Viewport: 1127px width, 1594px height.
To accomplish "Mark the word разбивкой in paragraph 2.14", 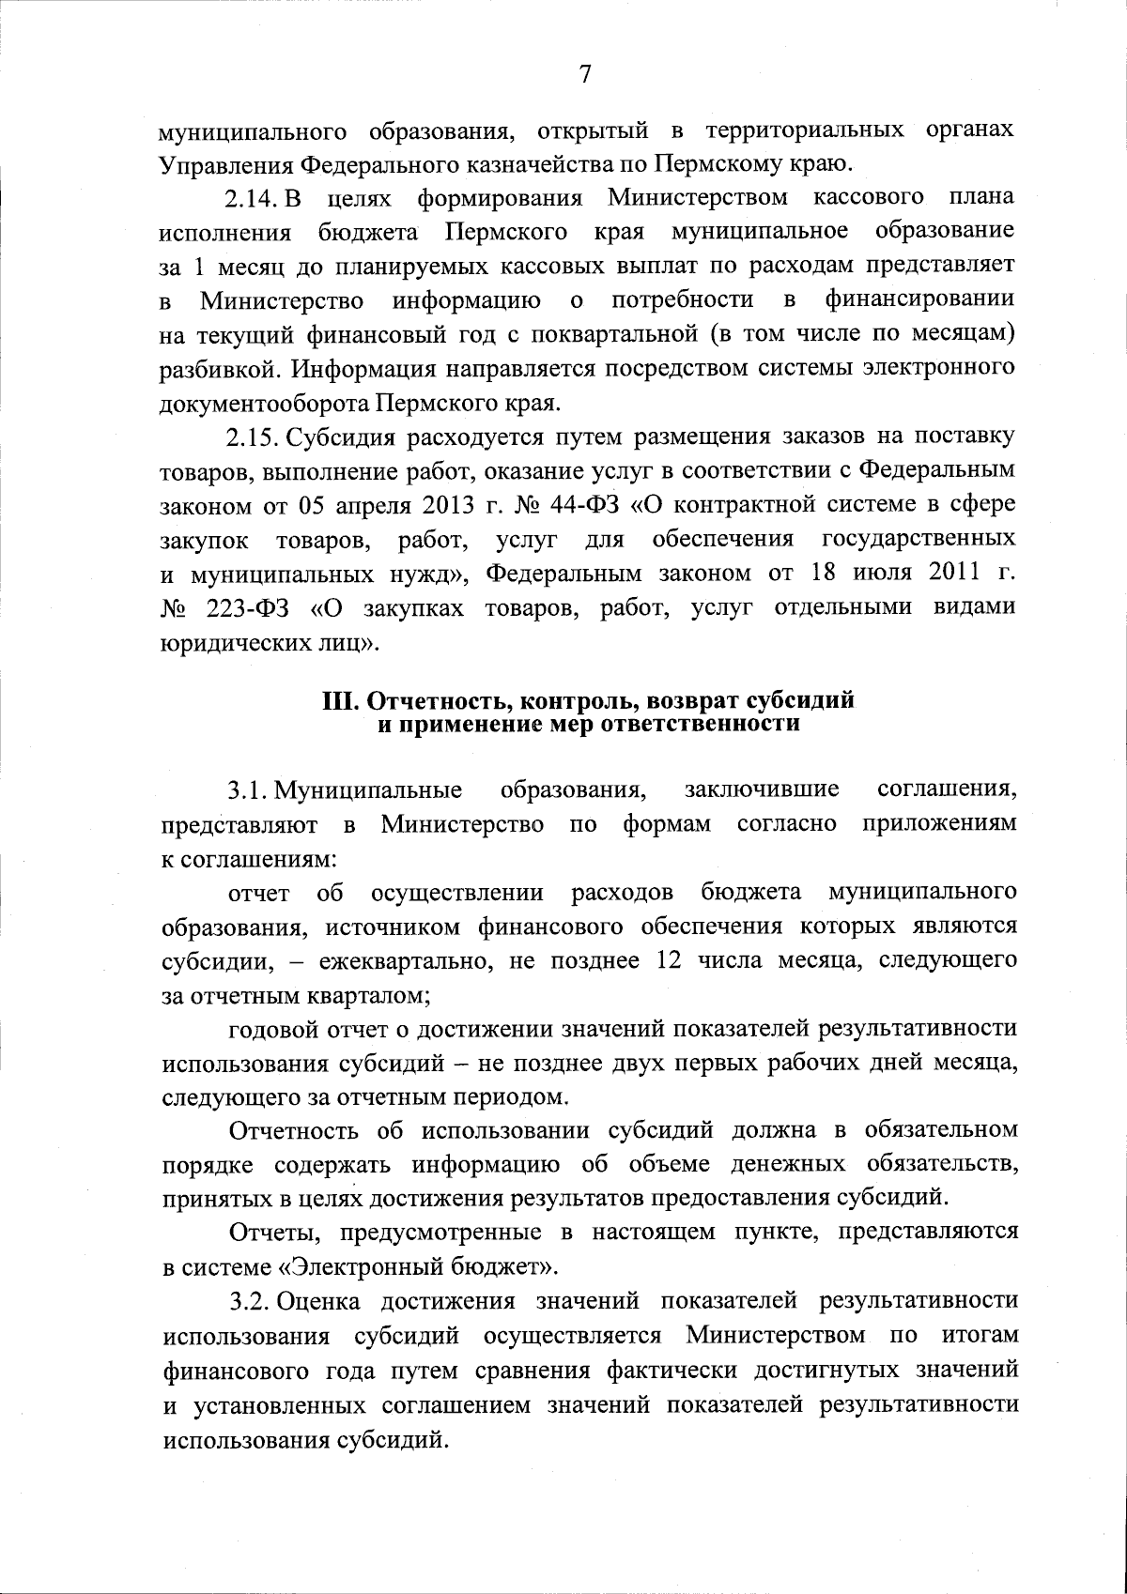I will [x=219, y=369].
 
